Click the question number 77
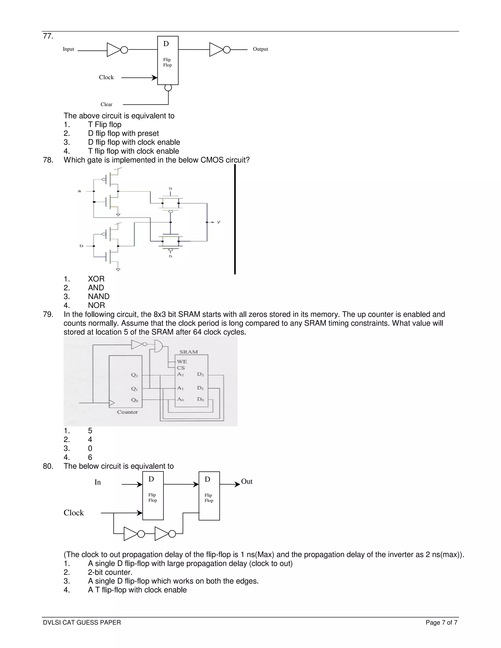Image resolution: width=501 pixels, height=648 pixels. click(x=48, y=36)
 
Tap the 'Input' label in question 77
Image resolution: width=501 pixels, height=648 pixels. click(x=68, y=49)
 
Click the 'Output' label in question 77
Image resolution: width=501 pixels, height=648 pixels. click(x=260, y=49)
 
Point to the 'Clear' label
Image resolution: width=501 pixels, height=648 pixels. click(x=106, y=104)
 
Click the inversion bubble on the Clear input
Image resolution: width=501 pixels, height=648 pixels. click(x=168, y=88)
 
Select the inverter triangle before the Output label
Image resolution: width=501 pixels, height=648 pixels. click(x=216, y=50)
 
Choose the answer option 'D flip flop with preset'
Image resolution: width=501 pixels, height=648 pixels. click(x=123, y=134)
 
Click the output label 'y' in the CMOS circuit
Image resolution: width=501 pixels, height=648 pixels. click(x=219, y=222)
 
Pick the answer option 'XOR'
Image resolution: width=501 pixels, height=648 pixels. click(x=96, y=279)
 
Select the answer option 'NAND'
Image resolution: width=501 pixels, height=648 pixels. click(x=99, y=296)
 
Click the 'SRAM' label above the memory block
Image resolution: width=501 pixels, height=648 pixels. click(x=188, y=352)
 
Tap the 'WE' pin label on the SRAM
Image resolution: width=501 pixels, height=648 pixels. click(x=182, y=362)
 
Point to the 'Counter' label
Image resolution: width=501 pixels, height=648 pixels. click(x=127, y=412)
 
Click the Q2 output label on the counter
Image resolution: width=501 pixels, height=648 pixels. click(x=135, y=375)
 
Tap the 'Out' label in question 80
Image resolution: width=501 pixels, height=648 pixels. click(x=247, y=481)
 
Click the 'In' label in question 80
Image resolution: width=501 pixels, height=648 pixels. click(x=98, y=482)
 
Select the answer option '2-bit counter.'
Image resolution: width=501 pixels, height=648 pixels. click(x=110, y=572)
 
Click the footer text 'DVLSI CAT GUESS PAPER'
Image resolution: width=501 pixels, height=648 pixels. click(x=82, y=623)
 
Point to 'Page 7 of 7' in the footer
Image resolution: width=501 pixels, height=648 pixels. click(x=441, y=623)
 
